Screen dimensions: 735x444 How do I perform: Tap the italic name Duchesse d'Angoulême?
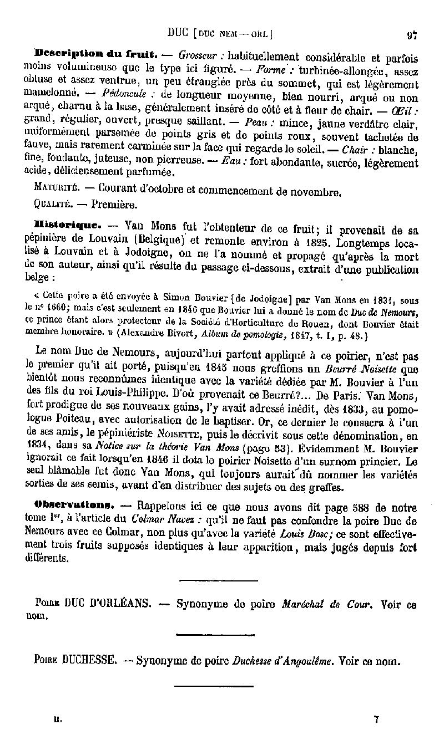[x=284, y=661]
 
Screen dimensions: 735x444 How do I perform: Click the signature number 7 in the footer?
[x=376, y=719]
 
